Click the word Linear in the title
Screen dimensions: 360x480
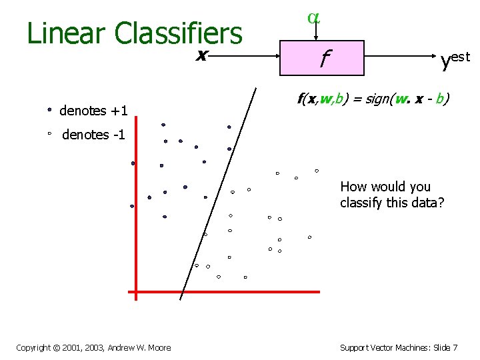tap(67, 33)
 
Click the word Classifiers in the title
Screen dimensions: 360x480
tap(178, 33)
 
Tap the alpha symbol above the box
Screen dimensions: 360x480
tap(313, 18)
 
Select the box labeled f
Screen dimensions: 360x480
tap(323, 58)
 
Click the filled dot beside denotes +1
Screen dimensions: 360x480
tap(50, 108)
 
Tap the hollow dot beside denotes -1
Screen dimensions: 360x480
tap(50, 134)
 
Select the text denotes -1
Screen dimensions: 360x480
tap(94, 135)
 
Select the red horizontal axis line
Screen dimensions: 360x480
tap(227, 291)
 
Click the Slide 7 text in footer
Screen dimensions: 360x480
tap(443, 347)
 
